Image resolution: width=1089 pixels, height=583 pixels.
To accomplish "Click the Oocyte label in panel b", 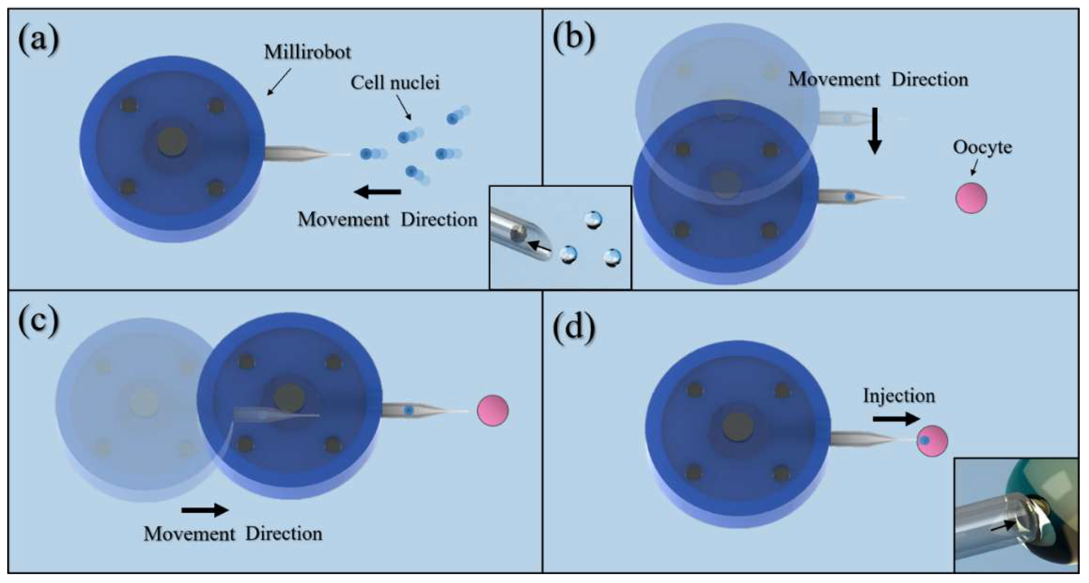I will click(x=982, y=147).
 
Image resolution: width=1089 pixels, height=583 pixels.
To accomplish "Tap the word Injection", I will click(x=899, y=396).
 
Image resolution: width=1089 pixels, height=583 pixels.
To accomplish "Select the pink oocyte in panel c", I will click(x=493, y=410).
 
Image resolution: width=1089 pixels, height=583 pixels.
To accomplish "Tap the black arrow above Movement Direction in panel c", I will click(x=205, y=510).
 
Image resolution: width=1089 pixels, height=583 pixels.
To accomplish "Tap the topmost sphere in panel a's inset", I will click(x=593, y=219).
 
